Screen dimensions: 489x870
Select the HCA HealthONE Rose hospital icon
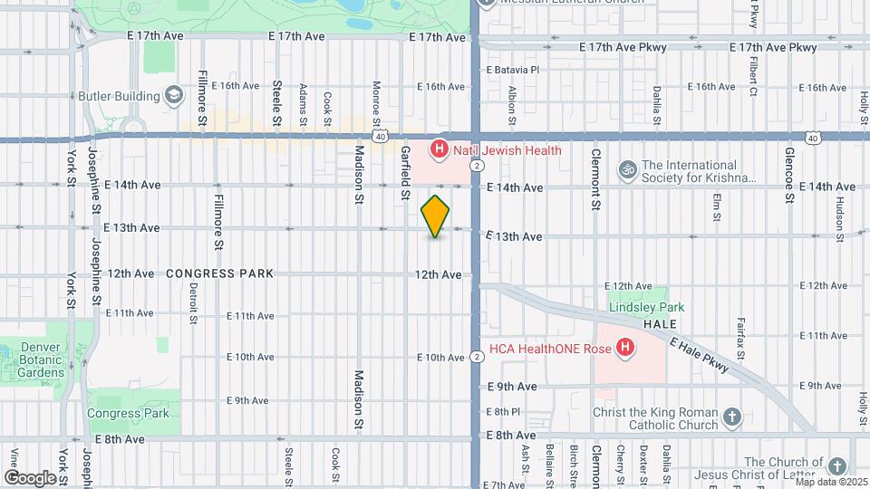(x=623, y=348)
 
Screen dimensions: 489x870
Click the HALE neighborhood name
(x=661, y=323)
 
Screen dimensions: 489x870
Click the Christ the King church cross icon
(x=732, y=417)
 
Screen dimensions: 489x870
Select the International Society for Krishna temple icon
(x=626, y=169)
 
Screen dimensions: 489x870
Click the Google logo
(x=30, y=477)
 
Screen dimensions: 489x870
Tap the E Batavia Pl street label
(x=513, y=69)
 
